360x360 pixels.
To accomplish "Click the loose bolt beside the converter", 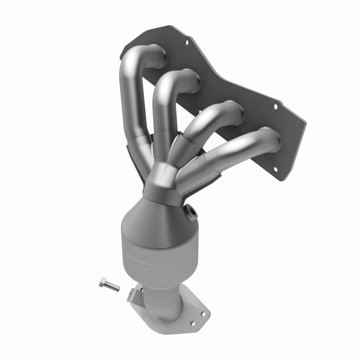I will point(108,284).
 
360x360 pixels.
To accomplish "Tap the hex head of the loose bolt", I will point(102,283).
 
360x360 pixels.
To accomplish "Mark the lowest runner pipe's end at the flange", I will point(270,137).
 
